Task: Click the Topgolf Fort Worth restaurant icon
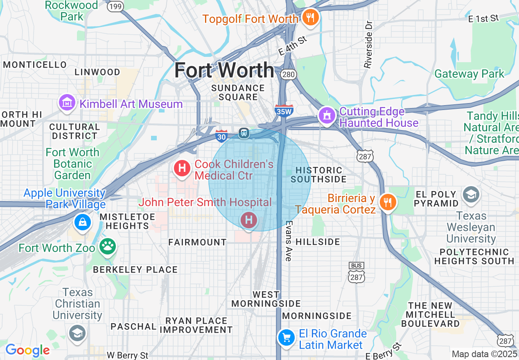pyautogui.click(x=310, y=18)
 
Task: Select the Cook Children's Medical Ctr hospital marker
pyautogui.click(x=182, y=168)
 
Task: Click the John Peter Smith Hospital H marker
pyautogui.click(x=249, y=220)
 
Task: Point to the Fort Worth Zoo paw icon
pyautogui.click(x=108, y=246)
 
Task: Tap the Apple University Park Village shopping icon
pyautogui.click(x=83, y=222)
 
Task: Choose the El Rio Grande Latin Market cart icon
pyautogui.click(x=286, y=337)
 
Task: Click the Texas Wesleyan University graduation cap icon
pyautogui.click(x=471, y=195)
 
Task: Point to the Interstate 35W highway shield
pyautogui.click(x=284, y=110)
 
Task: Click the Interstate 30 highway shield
pyautogui.click(x=221, y=136)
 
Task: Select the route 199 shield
pyautogui.click(x=116, y=7)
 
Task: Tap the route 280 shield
pyautogui.click(x=288, y=74)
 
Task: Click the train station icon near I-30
pyautogui.click(x=244, y=133)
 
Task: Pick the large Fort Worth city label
pyautogui.click(x=224, y=70)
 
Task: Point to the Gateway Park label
pyautogui.click(x=469, y=74)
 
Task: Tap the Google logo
pyautogui.click(x=27, y=350)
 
